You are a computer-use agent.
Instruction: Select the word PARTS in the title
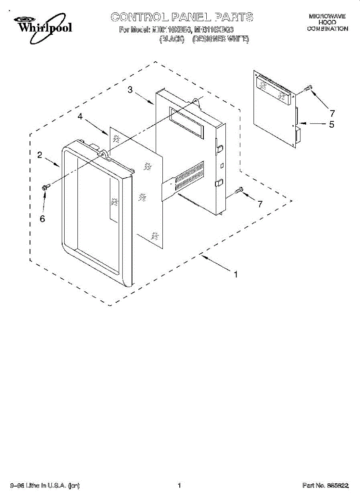(x=234, y=17)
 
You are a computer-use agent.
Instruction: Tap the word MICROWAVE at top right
(x=327, y=16)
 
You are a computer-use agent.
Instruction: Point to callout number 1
(x=236, y=274)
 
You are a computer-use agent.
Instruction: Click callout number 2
(x=40, y=155)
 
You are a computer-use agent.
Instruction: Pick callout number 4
(x=80, y=117)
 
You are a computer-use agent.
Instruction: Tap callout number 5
(x=331, y=124)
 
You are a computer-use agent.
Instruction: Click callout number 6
(x=42, y=219)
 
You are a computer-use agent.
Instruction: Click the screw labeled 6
(x=46, y=188)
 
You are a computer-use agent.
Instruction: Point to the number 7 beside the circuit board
(x=332, y=113)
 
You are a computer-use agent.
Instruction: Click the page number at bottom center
(x=179, y=485)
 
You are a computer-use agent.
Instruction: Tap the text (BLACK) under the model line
(x=172, y=39)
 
